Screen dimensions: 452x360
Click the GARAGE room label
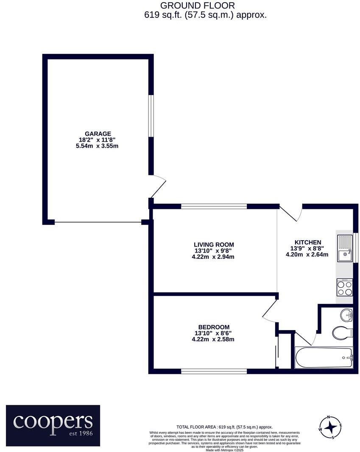(x=98, y=134)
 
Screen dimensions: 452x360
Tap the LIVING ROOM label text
(x=214, y=244)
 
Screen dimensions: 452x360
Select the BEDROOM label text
(x=214, y=327)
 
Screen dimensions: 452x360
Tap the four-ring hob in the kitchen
(x=344, y=288)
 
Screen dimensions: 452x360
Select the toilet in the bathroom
(x=342, y=332)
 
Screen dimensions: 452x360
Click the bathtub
(x=324, y=357)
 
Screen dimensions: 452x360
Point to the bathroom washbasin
(x=346, y=314)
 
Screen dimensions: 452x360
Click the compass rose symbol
(x=331, y=427)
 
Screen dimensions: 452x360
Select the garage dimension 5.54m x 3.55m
(x=98, y=146)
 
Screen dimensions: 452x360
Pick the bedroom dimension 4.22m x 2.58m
(x=214, y=339)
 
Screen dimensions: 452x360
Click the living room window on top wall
(x=214, y=206)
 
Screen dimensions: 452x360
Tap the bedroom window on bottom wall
(x=214, y=371)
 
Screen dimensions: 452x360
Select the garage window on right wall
(x=151, y=115)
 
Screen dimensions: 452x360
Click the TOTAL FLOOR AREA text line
(x=225, y=427)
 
